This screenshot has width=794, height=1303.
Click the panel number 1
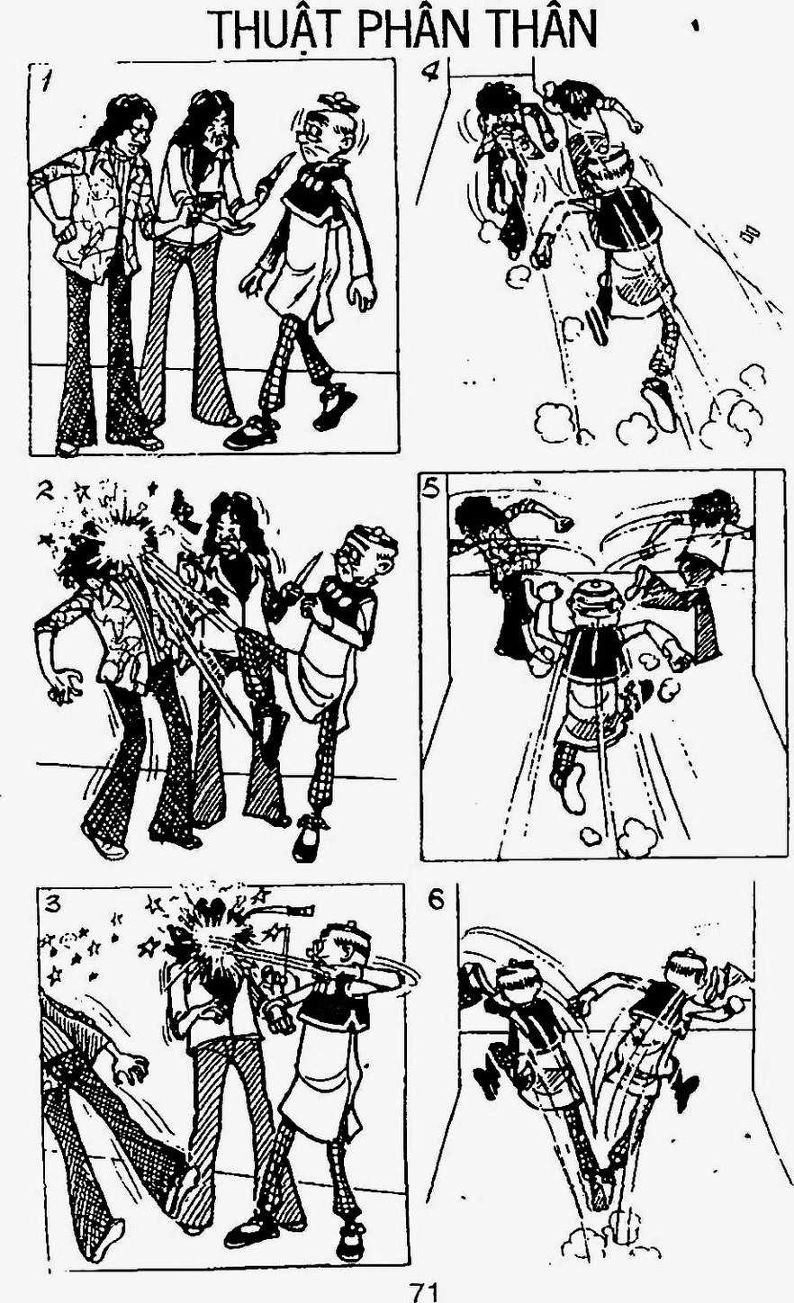click(x=45, y=85)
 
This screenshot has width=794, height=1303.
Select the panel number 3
click(x=53, y=904)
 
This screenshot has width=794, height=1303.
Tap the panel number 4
click(x=431, y=73)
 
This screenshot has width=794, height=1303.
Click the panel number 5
click(x=432, y=490)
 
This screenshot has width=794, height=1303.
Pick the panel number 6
click(x=436, y=900)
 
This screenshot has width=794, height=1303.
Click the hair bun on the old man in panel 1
click(x=337, y=101)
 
